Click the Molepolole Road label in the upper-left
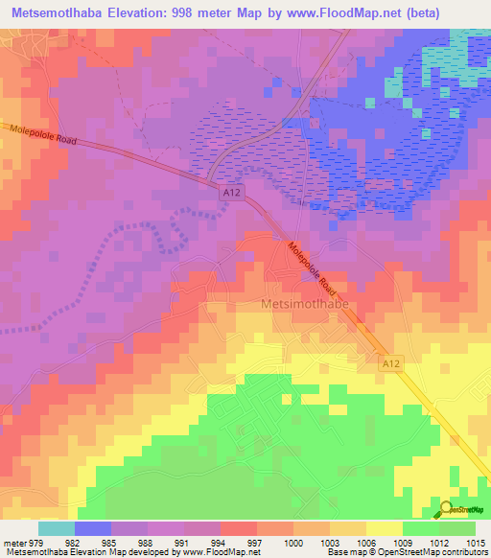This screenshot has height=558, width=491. point(40,132)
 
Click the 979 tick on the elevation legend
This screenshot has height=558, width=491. point(37,543)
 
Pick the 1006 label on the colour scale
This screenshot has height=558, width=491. point(366,543)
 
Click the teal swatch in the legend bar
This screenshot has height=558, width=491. point(57,528)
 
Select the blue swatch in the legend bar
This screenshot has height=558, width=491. point(93,528)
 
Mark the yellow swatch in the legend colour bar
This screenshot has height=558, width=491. point(385,528)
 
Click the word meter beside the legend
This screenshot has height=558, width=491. point(14,543)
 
